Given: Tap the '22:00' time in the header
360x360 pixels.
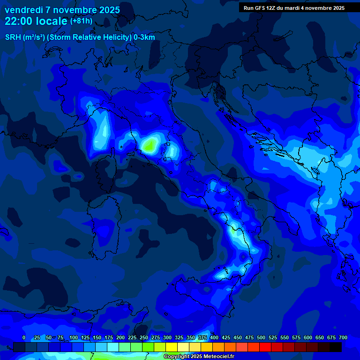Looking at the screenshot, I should tap(17, 21).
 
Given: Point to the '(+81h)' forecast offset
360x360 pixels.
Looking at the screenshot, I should tap(81, 21).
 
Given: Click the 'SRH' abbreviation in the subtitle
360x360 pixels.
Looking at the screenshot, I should tap(13, 37).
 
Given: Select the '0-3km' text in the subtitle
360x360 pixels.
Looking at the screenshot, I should tap(144, 37).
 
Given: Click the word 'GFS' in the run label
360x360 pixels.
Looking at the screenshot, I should tap(261, 8).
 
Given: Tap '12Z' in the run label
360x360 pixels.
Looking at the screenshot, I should tap(276, 8).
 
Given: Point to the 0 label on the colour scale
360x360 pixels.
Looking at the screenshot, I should tap(24, 337).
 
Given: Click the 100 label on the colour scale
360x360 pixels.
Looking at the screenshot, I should tap(73, 337).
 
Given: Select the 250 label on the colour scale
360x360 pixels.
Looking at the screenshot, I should tap(143, 337).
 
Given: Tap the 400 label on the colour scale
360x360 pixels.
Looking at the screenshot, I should tap(214, 337).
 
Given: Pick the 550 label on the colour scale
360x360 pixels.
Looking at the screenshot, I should tap(284, 337).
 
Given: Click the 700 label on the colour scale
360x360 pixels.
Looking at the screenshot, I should tap(343, 337).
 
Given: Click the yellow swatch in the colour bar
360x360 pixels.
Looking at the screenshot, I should tap(172, 347).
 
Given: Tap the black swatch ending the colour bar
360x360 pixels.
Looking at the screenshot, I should tap(336, 347).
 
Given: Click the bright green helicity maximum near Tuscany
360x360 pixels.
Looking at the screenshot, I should tap(150, 145).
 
